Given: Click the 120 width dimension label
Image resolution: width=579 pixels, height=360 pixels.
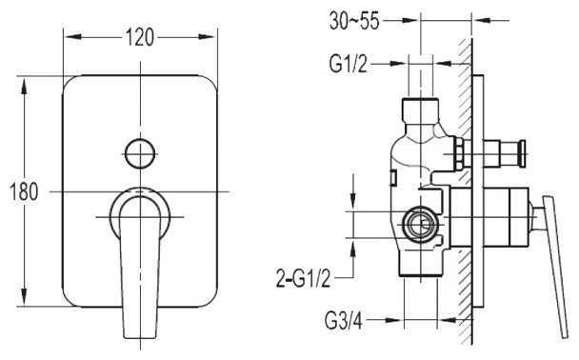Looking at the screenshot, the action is pyautogui.click(x=139, y=37).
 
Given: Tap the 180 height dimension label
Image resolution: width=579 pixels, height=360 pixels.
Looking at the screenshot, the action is pyautogui.click(x=23, y=192).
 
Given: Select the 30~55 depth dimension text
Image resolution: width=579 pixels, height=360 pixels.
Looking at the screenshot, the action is pyautogui.click(x=354, y=20).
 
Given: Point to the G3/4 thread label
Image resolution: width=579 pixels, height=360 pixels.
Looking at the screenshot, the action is pyautogui.click(x=344, y=321).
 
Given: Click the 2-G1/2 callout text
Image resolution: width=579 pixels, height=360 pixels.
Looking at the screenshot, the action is pyautogui.click(x=303, y=278).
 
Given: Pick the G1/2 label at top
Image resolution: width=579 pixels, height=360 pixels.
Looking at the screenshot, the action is pyautogui.click(x=349, y=64).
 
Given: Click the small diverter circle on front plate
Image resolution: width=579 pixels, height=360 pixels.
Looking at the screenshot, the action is pyautogui.click(x=140, y=153).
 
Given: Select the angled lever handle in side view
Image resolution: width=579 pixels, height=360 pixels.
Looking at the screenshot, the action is pyautogui.click(x=555, y=266).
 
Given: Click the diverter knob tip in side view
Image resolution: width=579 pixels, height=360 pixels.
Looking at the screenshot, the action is pyautogui.click(x=523, y=153).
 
